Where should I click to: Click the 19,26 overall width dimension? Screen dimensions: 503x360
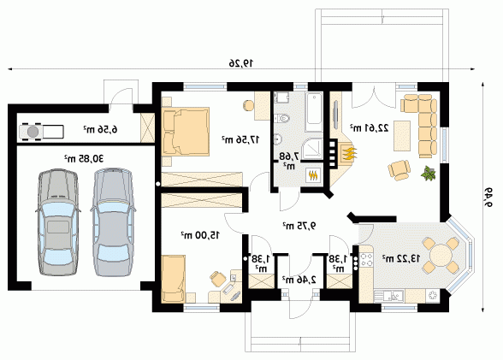point(240,63)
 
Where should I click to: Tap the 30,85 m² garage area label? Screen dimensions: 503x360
point(84,158)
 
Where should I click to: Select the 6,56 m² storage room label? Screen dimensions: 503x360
point(100,129)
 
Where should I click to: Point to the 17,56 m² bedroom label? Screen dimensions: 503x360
point(240,139)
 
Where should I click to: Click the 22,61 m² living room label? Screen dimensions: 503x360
point(369,128)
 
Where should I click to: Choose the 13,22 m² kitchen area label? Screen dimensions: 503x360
point(400,258)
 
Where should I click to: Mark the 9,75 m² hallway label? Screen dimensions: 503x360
point(299,226)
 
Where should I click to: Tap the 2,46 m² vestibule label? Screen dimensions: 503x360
point(299,280)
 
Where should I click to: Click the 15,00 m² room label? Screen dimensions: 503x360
point(200,235)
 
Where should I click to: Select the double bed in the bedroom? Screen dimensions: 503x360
point(186,132)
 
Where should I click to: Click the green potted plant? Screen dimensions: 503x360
point(429,173)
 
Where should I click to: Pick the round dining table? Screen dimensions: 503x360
point(441,255)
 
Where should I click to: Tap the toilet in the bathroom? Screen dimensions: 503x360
point(282,118)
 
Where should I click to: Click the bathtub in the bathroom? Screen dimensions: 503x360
point(314,112)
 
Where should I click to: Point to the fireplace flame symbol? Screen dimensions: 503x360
point(349,153)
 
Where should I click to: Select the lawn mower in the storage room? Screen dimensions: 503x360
point(41,131)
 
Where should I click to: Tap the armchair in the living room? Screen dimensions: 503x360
point(399,169)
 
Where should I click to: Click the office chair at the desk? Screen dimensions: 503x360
point(218,278)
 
